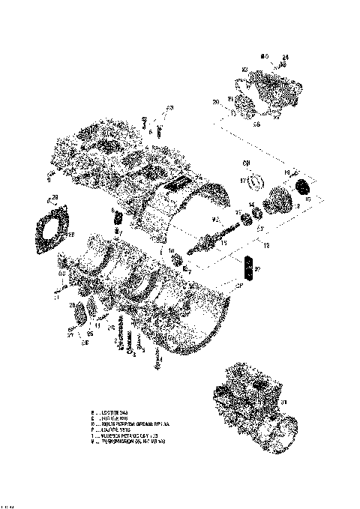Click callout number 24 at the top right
click(285, 57)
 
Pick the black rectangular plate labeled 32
click(249, 268)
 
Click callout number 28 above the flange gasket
click(54, 198)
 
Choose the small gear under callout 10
click(179, 260)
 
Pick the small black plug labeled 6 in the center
click(118, 217)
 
